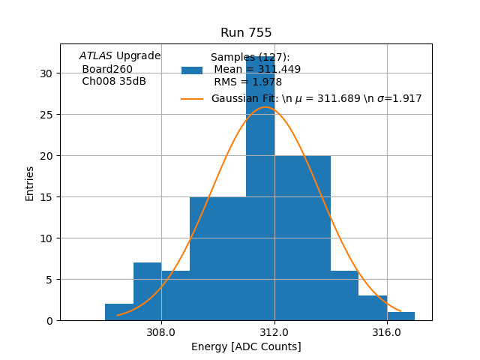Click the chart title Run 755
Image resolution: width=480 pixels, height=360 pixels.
tap(246, 33)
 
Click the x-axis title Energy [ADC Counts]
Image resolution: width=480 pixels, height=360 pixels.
tap(246, 346)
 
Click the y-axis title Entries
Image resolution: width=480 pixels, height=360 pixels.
tap(30, 183)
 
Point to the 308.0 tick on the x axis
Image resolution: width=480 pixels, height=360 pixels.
tap(161, 331)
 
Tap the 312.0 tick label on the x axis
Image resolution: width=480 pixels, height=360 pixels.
tap(274, 331)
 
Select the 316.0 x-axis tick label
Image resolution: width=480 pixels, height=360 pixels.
tap(387, 331)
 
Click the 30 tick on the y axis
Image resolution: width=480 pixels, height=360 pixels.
tap(46, 73)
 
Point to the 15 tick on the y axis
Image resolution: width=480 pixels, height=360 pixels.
tap(46, 197)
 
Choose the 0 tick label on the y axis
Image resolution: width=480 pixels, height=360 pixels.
tap(49, 321)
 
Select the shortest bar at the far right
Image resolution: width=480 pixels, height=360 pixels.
tap(401, 316)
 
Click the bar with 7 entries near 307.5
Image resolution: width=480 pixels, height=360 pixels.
tap(147, 292)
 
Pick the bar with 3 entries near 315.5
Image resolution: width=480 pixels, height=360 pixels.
tap(373, 308)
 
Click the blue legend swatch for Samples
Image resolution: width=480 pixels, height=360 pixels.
tap(192, 70)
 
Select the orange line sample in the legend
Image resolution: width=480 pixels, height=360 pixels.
tap(192, 99)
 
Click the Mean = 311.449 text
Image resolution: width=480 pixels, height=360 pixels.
tap(257, 70)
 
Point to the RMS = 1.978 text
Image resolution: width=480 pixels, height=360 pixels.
tap(247, 82)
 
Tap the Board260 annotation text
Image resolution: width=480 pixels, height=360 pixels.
tap(107, 69)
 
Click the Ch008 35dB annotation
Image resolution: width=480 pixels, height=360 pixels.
tap(114, 81)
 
